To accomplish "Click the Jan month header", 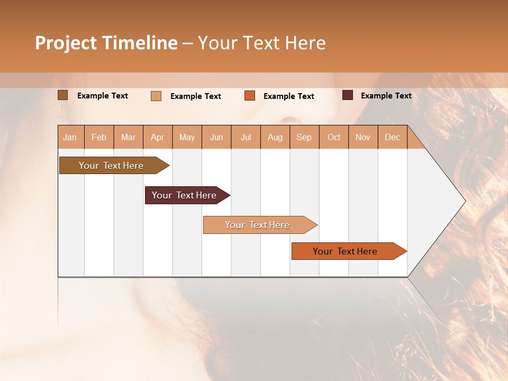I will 70,137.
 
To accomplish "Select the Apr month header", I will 157,137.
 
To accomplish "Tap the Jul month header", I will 246,137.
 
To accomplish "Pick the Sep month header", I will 304,137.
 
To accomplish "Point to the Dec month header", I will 392,137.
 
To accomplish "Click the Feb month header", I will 99,137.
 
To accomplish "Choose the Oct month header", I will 334,137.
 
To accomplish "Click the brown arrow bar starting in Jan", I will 111,166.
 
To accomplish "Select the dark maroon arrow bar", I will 184,195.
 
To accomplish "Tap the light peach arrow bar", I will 257,225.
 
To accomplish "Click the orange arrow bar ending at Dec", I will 345,251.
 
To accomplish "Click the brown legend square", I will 62,95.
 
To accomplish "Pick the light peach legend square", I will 156,96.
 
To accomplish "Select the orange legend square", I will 250,96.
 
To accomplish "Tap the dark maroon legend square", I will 347,95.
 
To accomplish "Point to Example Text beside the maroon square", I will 386,96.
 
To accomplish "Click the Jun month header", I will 216,137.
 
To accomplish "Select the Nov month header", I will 362,137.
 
